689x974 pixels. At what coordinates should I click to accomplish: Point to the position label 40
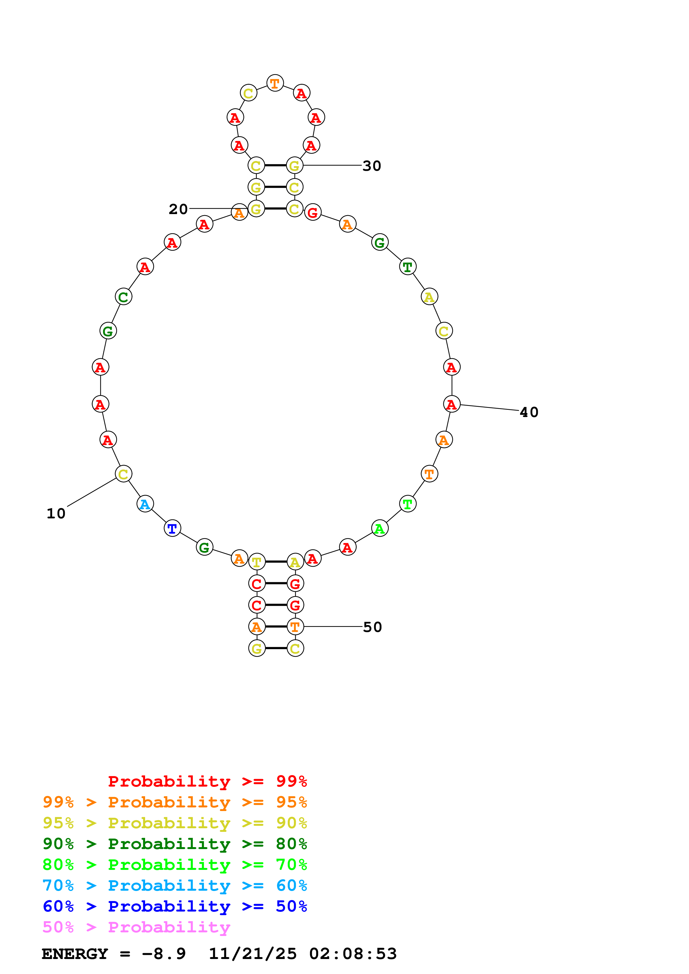coord(529,412)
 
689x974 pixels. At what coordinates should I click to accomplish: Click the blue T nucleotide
coord(172,529)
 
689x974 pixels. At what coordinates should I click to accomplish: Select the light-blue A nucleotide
coord(145,504)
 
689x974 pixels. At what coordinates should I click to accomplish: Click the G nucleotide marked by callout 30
coord(294,166)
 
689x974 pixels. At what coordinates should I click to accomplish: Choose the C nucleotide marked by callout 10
coord(123,474)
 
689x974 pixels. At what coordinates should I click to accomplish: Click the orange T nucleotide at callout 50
coord(295,627)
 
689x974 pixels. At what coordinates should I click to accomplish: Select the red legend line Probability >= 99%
coord(207,781)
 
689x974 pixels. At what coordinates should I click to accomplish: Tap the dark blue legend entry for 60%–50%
coord(175,906)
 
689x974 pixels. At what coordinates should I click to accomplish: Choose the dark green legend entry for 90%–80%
coord(175,844)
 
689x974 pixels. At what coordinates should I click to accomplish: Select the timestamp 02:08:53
coord(352,954)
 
